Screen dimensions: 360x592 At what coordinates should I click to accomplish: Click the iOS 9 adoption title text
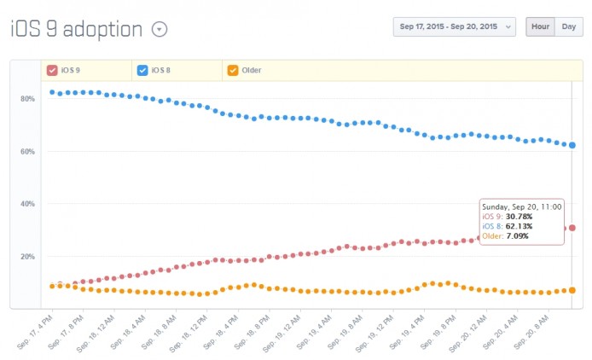tap(76, 28)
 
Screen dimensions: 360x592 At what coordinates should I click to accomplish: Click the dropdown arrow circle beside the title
tap(160, 29)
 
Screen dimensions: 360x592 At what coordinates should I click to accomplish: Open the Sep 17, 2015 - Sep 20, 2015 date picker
tap(454, 26)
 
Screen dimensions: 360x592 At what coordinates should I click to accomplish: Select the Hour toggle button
tap(539, 26)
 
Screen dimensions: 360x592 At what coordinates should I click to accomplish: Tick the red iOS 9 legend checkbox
tap(52, 70)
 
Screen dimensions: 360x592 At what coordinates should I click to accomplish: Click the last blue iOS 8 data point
tap(572, 145)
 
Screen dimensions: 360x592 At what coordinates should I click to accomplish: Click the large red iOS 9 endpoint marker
tap(572, 228)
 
